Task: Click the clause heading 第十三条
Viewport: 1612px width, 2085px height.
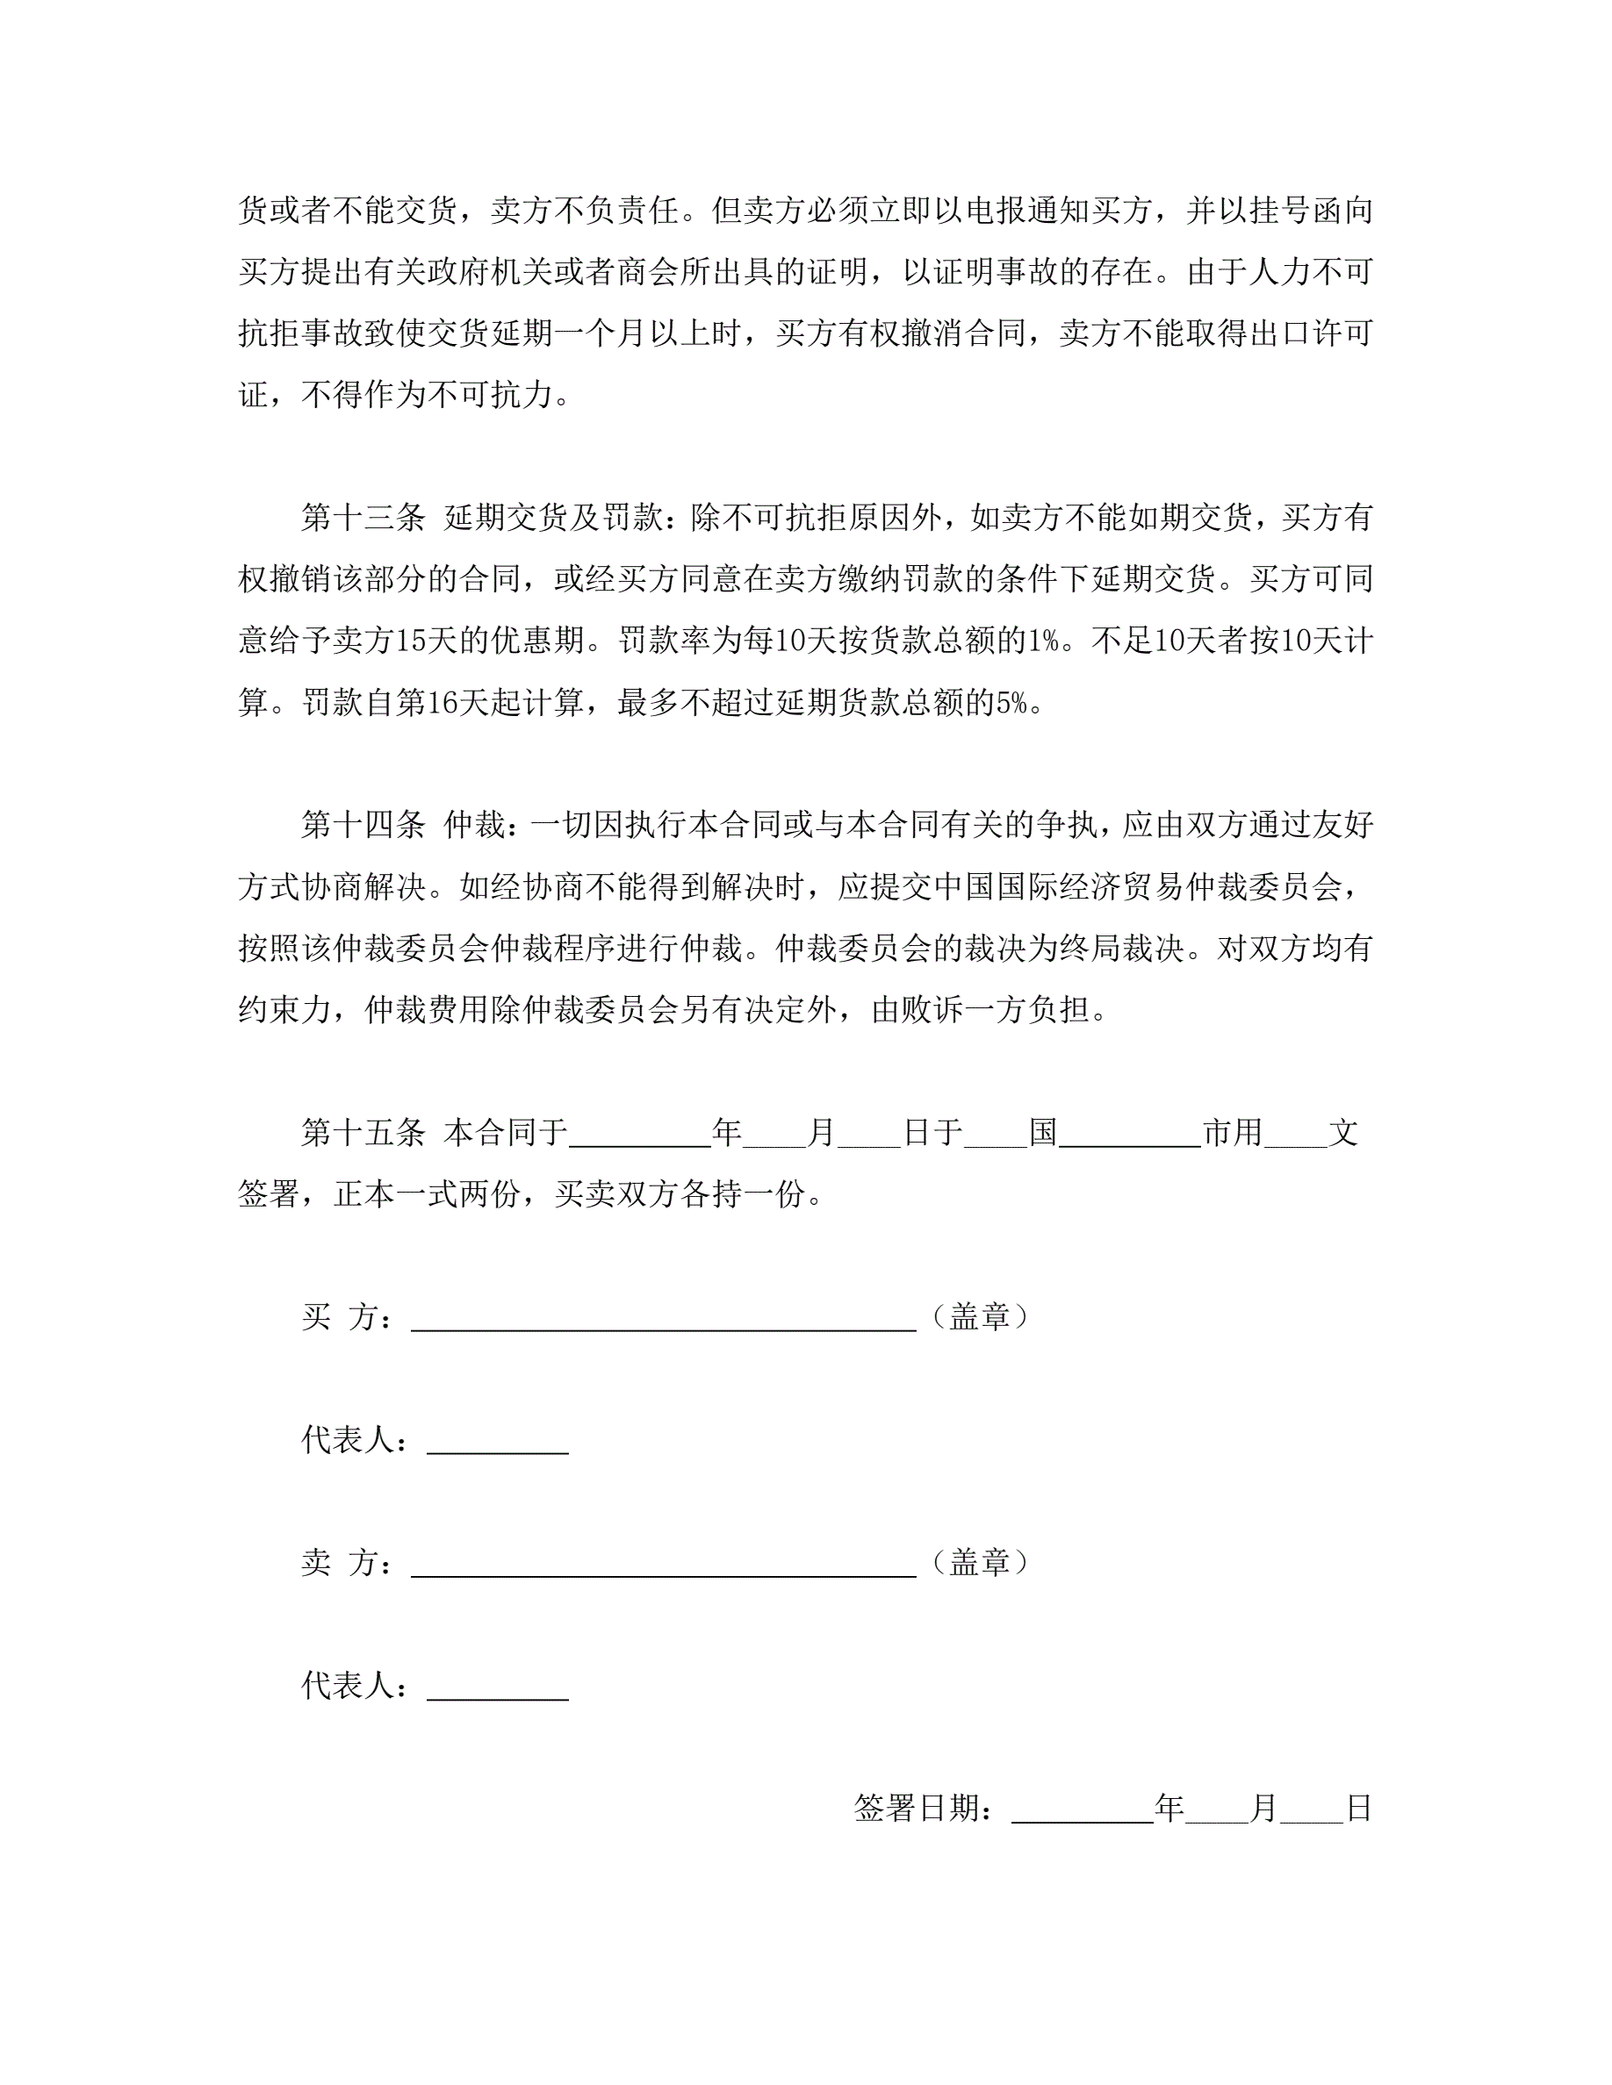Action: coord(363,518)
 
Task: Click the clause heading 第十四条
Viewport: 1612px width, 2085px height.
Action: coord(363,825)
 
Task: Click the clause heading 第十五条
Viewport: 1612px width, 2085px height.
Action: coord(363,1133)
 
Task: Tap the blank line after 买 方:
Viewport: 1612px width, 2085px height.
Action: coord(663,1317)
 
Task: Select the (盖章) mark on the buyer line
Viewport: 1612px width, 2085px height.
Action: coord(979,1317)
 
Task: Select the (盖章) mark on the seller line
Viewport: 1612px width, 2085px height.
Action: coord(979,1563)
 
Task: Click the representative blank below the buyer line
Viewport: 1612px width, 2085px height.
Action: coord(498,1441)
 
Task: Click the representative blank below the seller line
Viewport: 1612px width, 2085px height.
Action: coord(498,1686)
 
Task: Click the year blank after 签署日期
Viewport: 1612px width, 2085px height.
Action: coord(1082,1809)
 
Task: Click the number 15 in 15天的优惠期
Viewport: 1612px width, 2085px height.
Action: coord(410,641)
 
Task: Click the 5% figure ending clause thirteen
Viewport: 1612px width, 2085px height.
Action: coord(1011,704)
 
